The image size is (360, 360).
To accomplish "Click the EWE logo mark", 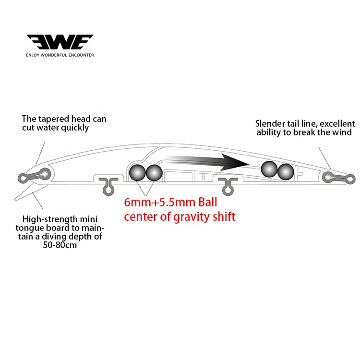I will tap(60, 42).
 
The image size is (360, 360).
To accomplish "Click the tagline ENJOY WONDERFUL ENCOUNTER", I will tap(60, 55).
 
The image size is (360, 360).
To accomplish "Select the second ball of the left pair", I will tap(154, 172).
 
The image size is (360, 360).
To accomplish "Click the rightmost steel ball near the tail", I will tap(286, 171).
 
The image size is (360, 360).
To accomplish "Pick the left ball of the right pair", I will tap(268, 169).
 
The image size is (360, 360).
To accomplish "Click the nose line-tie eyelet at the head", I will tap(45, 173).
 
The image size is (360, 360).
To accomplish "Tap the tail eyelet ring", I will tap(328, 177).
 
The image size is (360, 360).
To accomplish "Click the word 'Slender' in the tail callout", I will tap(271, 124).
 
